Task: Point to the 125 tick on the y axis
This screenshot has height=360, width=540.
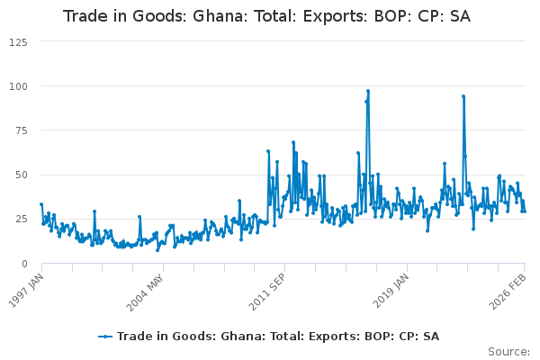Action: (17, 42)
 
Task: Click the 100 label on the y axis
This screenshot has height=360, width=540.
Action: (17, 86)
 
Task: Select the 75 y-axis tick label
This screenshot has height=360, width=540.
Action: (20, 130)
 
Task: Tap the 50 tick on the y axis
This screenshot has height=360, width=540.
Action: (20, 175)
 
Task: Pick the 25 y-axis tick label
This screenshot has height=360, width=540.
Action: (20, 219)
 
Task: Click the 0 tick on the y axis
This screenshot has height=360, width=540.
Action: (23, 263)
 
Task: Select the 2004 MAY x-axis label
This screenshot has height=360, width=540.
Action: (148, 290)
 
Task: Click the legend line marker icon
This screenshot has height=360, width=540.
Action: (106, 336)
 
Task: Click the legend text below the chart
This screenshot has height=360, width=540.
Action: (278, 336)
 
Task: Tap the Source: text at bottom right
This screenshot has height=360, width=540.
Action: (509, 351)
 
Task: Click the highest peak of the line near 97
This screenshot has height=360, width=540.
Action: (368, 91)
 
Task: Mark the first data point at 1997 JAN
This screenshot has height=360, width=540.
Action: (41, 204)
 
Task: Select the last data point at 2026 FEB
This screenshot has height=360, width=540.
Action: (524, 211)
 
